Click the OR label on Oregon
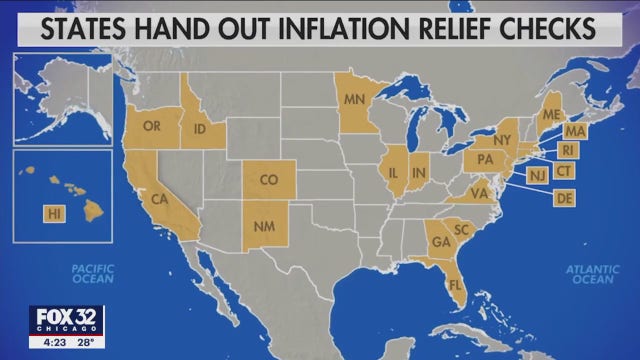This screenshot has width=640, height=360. pyautogui.click(x=153, y=126)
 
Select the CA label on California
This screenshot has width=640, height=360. pyautogui.click(x=157, y=200)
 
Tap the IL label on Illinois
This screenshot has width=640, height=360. pyautogui.click(x=393, y=173)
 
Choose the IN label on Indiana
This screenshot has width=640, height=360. pyautogui.click(x=418, y=173)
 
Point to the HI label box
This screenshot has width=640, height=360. pyautogui.click(x=53, y=213)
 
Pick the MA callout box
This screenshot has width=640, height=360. pyautogui.click(x=574, y=131)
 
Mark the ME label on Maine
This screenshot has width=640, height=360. pyautogui.click(x=550, y=114)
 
